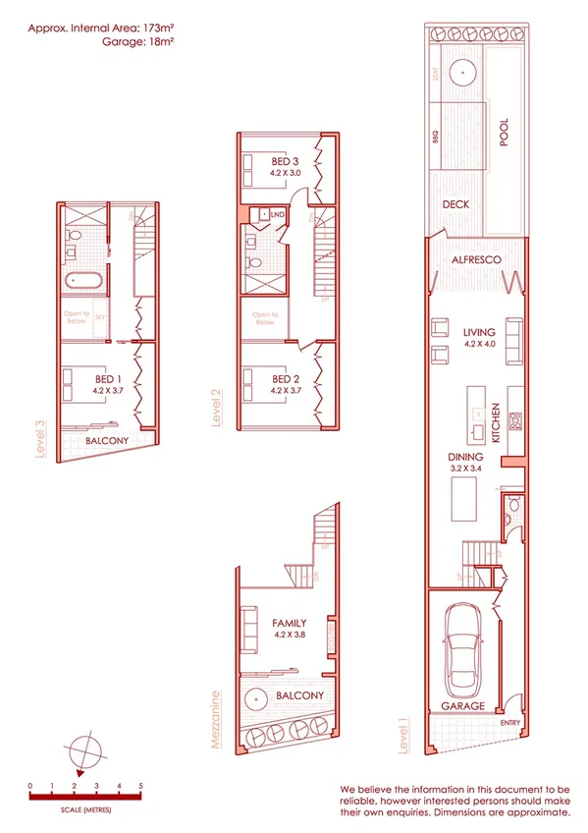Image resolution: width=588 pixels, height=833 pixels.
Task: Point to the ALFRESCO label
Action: coord(476,260)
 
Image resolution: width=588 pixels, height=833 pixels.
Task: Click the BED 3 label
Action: coord(285,161)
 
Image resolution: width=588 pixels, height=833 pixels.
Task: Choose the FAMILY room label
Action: coord(290,623)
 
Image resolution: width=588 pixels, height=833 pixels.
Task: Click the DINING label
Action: coord(463,457)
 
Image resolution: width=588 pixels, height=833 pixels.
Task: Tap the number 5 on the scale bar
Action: coord(140,786)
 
